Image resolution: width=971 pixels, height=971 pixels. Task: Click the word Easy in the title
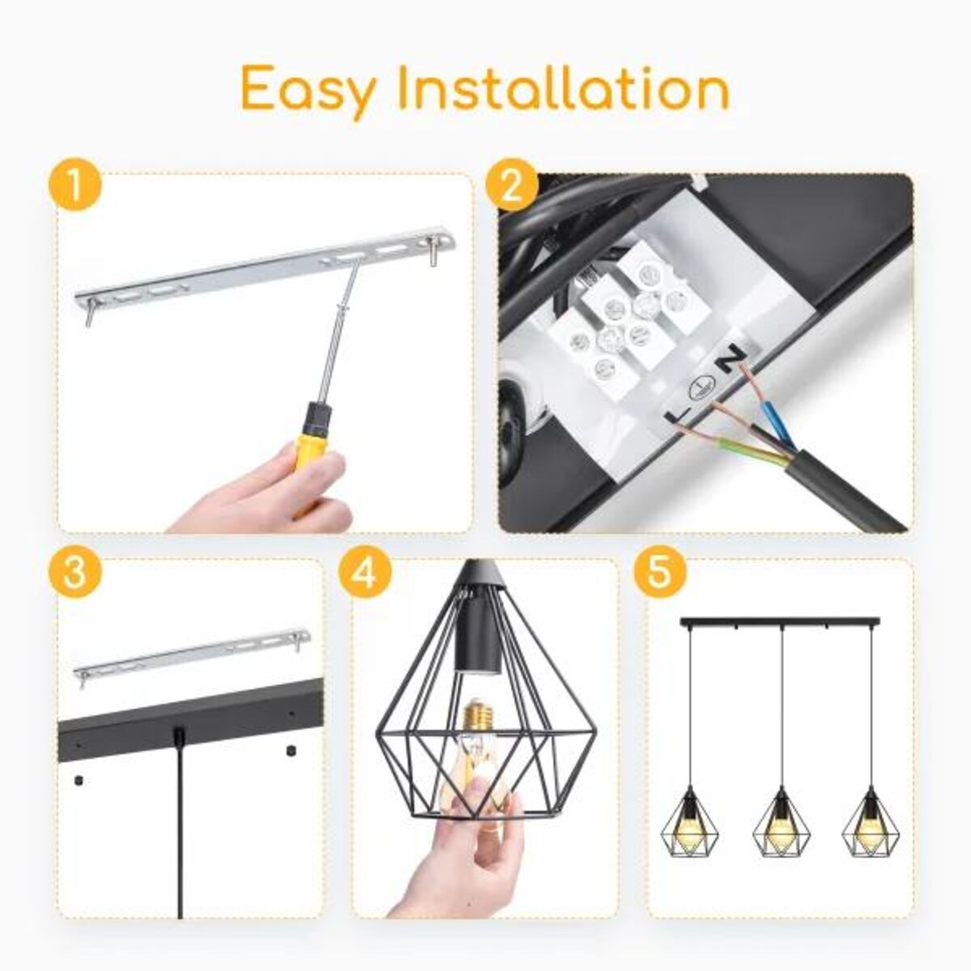tap(308, 90)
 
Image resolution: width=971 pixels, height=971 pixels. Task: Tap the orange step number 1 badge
tap(74, 187)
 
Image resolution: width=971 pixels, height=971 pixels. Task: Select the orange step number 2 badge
tap(512, 187)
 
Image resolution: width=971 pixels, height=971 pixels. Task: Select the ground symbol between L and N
tap(702, 387)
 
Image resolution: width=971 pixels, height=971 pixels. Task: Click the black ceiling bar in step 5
tap(782, 622)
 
